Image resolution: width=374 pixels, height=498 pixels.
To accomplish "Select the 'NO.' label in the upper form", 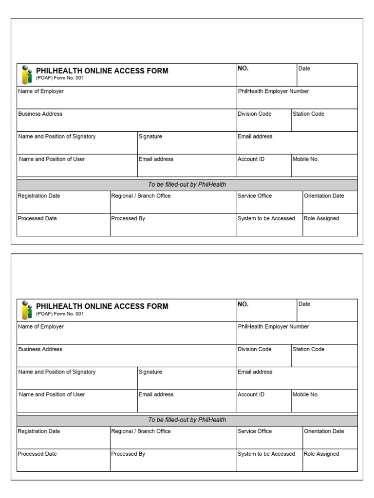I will tap(243, 69).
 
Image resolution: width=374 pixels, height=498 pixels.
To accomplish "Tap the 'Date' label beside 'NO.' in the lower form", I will tap(304, 304).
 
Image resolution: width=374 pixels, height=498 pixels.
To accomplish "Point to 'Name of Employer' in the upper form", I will tap(41, 91).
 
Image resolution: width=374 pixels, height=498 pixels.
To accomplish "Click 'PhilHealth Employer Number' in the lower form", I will tap(273, 326).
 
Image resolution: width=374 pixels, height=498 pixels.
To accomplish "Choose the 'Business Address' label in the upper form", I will tap(40, 114).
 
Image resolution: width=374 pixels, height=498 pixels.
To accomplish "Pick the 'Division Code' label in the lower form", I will tap(254, 349).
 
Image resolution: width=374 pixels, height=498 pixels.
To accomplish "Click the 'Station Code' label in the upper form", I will tap(308, 114).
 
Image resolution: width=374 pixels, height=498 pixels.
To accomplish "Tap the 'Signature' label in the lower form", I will tap(150, 372).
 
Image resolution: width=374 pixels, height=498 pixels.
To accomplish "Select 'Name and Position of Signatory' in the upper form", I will tap(57, 137).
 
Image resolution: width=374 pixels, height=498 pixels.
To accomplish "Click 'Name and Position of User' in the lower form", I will tap(52, 394).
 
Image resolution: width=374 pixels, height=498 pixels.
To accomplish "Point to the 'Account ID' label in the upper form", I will tap(251, 159).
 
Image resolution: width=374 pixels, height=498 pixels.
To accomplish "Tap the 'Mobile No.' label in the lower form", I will tap(305, 394).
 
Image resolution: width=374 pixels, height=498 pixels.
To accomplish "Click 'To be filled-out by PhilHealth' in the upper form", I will tap(187, 185).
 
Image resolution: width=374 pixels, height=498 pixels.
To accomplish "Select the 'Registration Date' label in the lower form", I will tap(39, 431).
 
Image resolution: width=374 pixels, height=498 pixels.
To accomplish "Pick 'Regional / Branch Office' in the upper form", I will tap(141, 196).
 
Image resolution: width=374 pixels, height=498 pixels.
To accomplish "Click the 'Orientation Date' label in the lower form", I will tap(324, 431).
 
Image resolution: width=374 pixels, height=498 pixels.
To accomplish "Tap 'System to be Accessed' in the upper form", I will tap(266, 218).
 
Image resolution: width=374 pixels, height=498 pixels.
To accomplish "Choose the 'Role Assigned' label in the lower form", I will tap(321, 454).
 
